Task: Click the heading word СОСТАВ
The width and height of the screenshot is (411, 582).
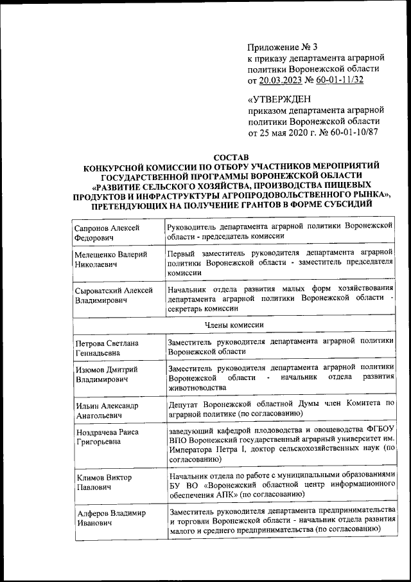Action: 231,156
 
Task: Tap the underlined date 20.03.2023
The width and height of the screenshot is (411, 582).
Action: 281,80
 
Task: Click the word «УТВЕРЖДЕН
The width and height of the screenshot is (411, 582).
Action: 277,99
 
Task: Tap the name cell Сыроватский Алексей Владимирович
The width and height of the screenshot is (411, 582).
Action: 113,295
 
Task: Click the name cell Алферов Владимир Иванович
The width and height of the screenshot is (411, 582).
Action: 109,518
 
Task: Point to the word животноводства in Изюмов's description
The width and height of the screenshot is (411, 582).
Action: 196,388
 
